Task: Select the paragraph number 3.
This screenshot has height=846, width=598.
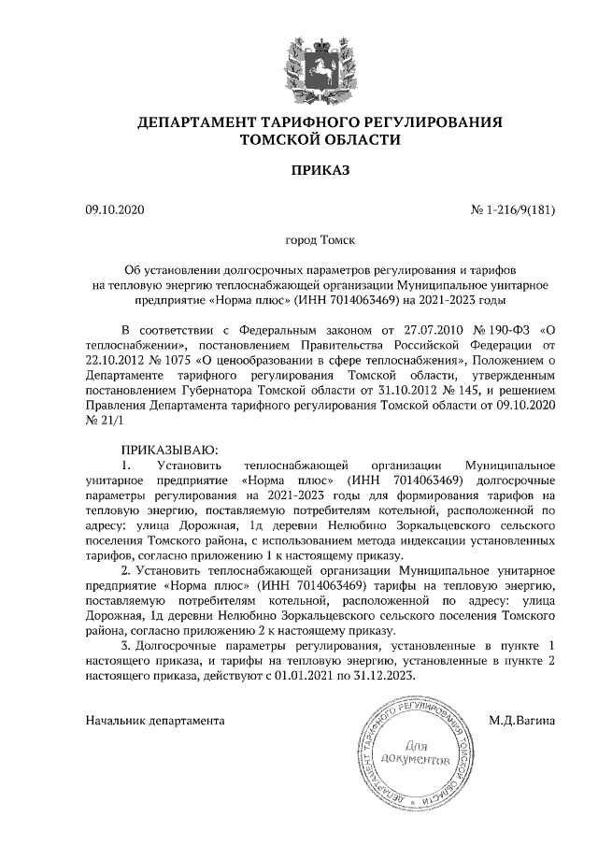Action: (x=127, y=644)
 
